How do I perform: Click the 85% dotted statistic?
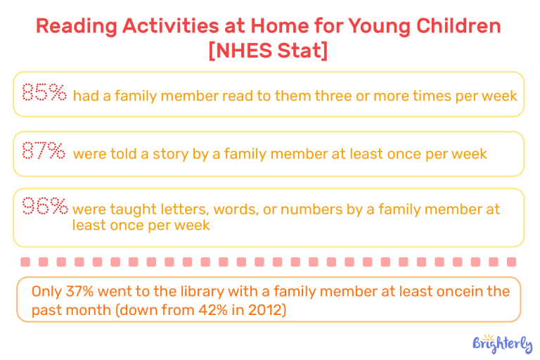coord(44,93)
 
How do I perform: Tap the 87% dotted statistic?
coord(44,151)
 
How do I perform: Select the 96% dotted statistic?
coord(44,207)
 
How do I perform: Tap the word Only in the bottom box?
coord(47,291)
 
